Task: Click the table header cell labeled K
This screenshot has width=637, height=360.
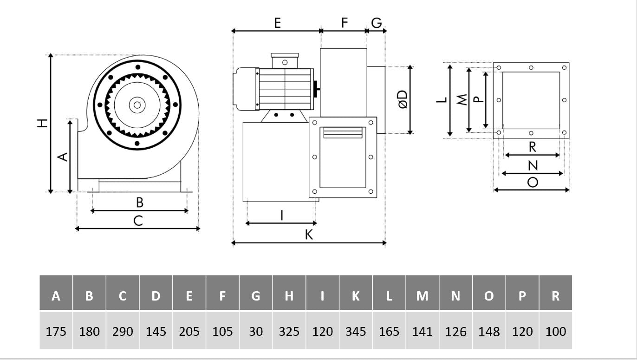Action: click(x=356, y=295)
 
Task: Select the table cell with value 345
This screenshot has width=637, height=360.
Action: click(x=356, y=331)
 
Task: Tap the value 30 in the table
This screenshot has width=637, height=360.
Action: click(x=256, y=331)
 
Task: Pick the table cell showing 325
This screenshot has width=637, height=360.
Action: click(x=289, y=331)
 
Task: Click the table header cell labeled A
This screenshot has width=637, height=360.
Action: click(x=56, y=295)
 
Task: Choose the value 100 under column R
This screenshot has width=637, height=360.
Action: click(x=556, y=331)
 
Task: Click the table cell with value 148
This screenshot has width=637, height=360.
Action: click(x=489, y=331)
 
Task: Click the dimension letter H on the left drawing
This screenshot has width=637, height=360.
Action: click(x=43, y=123)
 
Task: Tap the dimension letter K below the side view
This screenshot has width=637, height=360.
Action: click(x=309, y=235)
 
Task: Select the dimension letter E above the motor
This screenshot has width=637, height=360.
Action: click(x=277, y=23)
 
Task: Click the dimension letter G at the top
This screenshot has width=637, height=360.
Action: click(x=377, y=23)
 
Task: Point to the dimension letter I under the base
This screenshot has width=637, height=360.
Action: click(x=281, y=215)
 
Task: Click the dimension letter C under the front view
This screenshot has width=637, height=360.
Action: click(x=138, y=221)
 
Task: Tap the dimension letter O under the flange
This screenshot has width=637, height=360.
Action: click(x=533, y=182)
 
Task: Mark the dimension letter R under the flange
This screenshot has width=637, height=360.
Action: click(x=533, y=147)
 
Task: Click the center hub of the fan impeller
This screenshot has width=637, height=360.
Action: click(x=137, y=105)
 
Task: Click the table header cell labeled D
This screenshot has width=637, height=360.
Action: click(x=156, y=295)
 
